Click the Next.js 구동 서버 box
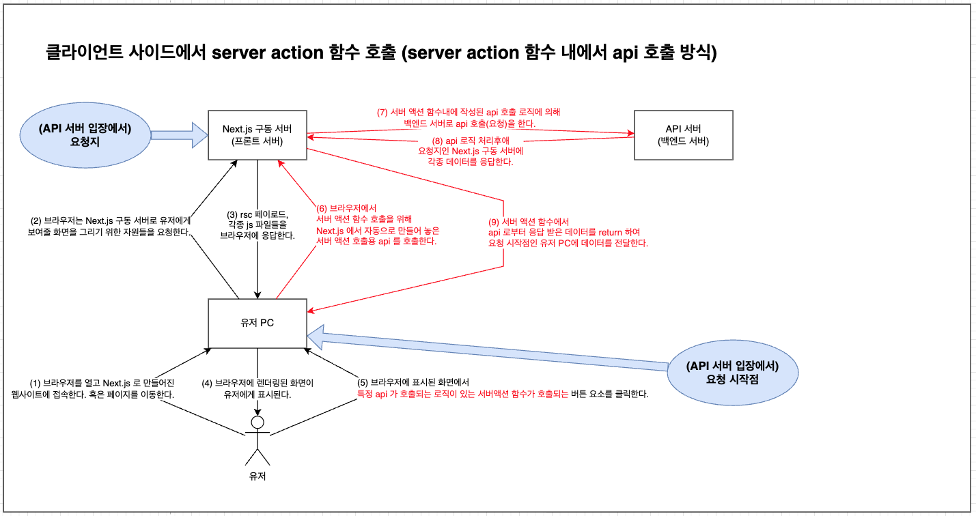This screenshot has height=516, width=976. coord(257,135)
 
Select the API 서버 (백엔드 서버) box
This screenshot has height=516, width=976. coord(683,135)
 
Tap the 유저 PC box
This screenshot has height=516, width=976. coord(257,323)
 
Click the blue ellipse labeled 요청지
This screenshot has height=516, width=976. coord(85,135)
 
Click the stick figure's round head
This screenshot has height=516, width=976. coord(257,422)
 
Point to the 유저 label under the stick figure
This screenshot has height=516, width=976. coord(257,476)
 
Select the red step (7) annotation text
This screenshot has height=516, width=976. coord(469,117)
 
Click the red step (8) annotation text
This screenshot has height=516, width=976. coord(469,151)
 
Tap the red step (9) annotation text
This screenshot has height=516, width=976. coord(568,232)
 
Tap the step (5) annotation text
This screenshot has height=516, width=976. coord(503,388)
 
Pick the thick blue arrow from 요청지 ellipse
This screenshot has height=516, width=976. coord(180,135)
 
